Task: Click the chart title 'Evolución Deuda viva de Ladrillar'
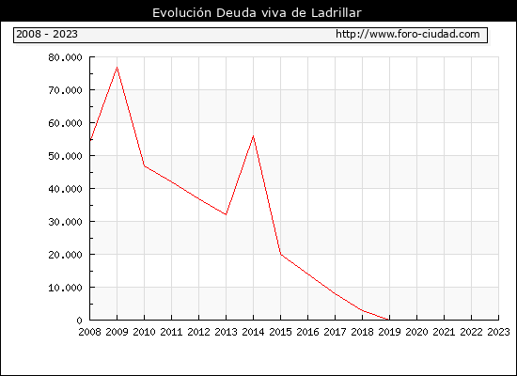[x=257, y=13]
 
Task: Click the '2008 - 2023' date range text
[x=47, y=34]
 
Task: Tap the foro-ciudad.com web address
[x=408, y=34]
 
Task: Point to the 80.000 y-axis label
[x=65, y=57]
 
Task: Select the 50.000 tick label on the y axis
[x=65, y=156]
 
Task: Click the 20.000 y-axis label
[x=65, y=255]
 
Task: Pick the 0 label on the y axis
[x=79, y=321]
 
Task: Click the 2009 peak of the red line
[x=117, y=68]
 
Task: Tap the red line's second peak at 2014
[x=253, y=136]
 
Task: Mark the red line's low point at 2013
[x=226, y=214]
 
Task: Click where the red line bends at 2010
[x=145, y=165]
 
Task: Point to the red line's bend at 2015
[x=281, y=254]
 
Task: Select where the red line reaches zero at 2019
[x=389, y=320]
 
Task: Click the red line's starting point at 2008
[x=90, y=141]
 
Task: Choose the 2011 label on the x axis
[x=171, y=332]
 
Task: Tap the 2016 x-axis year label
[x=307, y=332]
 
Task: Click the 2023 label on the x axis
[x=498, y=332]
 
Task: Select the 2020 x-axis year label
[x=416, y=332]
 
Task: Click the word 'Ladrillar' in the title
[x=337, y=13]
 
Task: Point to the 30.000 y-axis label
[x=65, y=222]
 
